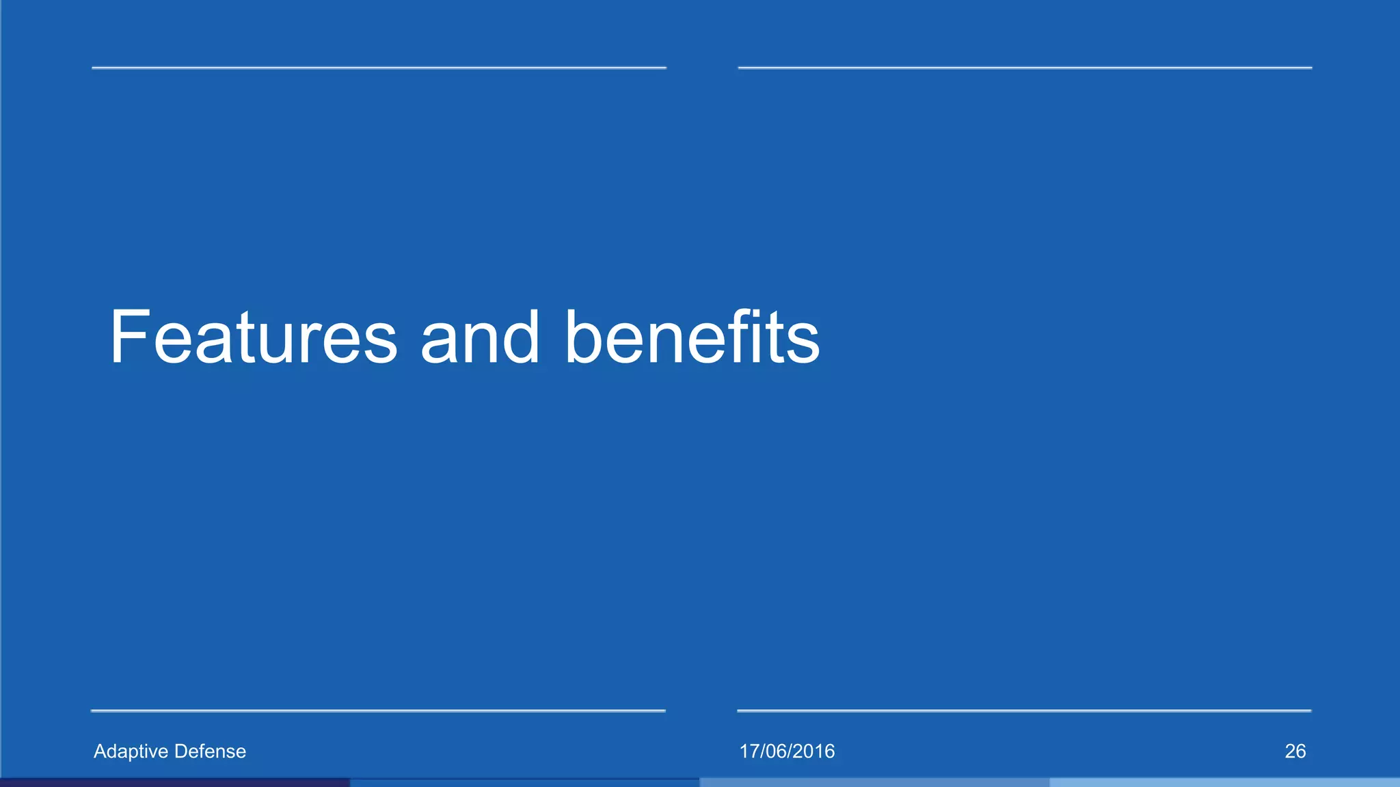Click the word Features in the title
coord(253,337)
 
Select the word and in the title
coord(480,337)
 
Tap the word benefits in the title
coord(692,337)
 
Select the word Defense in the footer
coord(210,751)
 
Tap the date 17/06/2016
coord(787,751)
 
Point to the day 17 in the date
coord(749,751)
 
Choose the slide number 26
coord(1295,751)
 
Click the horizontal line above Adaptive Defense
coord(378,711)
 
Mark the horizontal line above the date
coord(1024,711)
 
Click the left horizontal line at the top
coord(379,68)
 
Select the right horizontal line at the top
coord(1025,68)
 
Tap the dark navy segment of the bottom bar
coord(175,783)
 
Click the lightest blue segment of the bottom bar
coord(1224,783)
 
